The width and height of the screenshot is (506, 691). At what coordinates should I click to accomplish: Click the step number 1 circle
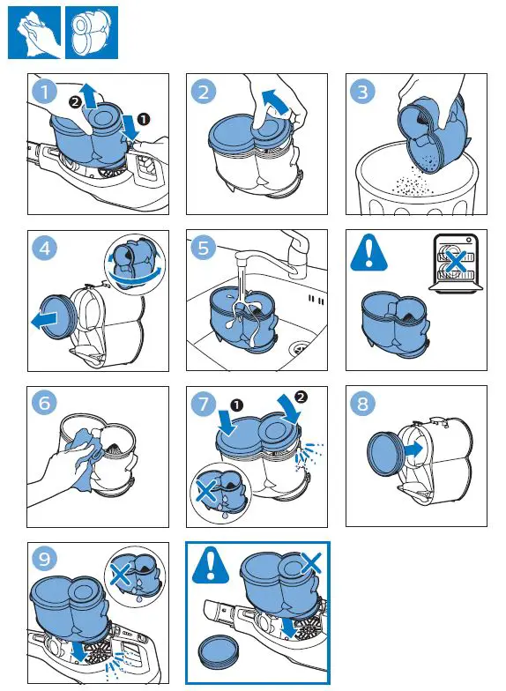pos(44,92)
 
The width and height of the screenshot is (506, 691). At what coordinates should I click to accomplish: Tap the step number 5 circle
pos(203,248)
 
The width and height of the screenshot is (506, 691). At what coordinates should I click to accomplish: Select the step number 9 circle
pos(44,559)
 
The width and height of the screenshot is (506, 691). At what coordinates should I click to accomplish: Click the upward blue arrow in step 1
pos(90,95)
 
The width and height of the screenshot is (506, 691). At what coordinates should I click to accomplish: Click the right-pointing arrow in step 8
pos(413,450)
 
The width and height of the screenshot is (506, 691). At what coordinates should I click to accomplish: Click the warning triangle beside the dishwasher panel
pos(368,252)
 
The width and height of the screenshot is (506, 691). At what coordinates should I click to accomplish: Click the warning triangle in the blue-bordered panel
pos(211,564)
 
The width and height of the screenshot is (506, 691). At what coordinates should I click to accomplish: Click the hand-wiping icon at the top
pos(34,33)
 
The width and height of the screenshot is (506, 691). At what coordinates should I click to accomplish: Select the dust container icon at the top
pos(92,33)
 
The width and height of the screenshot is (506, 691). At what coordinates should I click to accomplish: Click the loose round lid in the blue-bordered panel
pos(219,651)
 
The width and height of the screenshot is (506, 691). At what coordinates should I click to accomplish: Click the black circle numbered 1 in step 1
pos(144,119)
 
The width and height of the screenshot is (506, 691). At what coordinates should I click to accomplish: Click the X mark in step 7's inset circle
pos(206,490)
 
